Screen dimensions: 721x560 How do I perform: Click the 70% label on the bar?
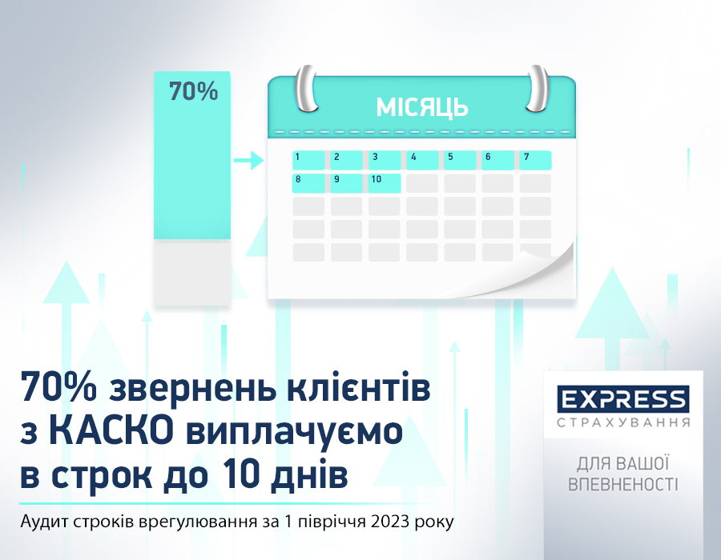point(193,91)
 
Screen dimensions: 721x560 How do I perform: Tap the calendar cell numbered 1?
point(308,160)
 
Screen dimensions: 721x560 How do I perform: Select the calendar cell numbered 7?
point(535,160)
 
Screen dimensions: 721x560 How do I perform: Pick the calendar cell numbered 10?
point(384,183)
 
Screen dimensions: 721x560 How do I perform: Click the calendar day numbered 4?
point(422,160)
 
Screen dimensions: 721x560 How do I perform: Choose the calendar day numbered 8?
point(308,183)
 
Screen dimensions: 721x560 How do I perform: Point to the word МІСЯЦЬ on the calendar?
point(421,107)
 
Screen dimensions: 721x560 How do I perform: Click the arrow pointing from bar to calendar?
point(249,160)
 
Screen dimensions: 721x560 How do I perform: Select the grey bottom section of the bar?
point(191,274)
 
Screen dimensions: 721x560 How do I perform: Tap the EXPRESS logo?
point(623,399)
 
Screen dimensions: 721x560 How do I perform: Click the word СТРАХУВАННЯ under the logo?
point(623,422)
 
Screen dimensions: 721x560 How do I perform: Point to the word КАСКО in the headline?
point(111,431)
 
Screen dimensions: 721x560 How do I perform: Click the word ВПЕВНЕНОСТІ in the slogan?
point(623,485)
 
